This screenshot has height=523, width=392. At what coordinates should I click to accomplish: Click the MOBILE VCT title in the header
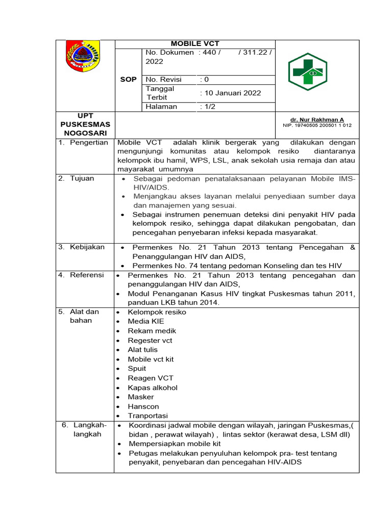pyautogui.click(x=194, y=44)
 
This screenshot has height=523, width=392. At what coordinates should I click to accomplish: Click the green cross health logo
pyautogui.click(x=308, y=72)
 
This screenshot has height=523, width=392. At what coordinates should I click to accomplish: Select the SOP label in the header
pyautogui.click(x=128, y=80)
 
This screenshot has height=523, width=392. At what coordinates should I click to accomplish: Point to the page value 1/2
pyautogui.click(x=208, y=107)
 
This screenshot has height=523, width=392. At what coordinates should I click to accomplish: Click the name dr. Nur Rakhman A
pyautogui.click(x=317, y=120)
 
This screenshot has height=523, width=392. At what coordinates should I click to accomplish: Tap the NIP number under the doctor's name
pyautogui.click(x=317, y=125)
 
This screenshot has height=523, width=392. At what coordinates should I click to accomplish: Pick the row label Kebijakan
pyautogui.click(x=86, y=247)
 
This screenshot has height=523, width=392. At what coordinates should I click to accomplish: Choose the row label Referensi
pyautogui.click(x=86, y=275)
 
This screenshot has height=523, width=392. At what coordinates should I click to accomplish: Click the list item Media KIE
pyautogui.click(x=146, y=321)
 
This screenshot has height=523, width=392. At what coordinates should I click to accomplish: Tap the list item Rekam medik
pyautogui.click(x=152, y=331)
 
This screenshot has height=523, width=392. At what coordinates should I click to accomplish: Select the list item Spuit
pyautogui.click(x=137, y=368)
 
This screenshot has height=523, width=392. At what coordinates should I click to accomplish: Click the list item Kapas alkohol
pyautogui.click(x=153, y=388)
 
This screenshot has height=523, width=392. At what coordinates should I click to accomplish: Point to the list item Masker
pyautogui.click(x=140, y=397)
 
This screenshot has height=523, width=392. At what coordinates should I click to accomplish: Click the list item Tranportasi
pyautogui.click(x=148, y=416)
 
